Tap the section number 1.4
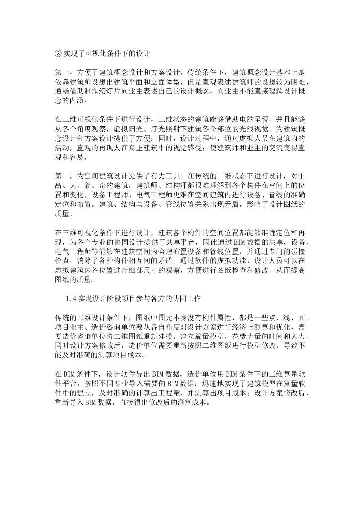pos(71,298)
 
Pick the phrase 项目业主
pos(69,327)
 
